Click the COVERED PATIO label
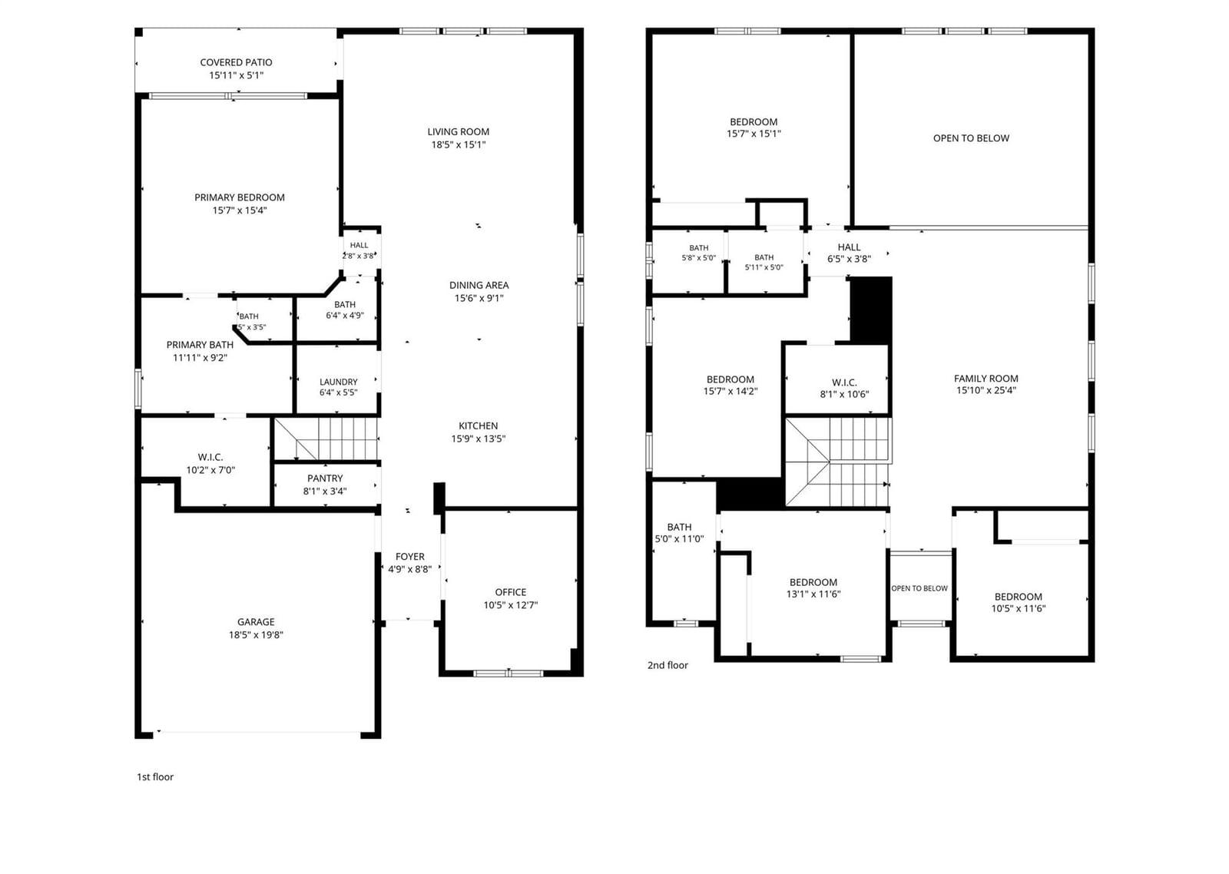point(236,62)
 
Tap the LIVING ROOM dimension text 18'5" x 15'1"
point(458,145)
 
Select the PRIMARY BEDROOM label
point(240,197)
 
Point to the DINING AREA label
point(479,285)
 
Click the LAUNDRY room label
point(339,382)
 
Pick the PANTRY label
point(325,478)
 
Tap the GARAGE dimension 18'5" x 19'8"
point(256,635)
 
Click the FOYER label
point(410,556)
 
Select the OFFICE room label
point(511,593)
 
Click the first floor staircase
point(326,439)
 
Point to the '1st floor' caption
point(155,777)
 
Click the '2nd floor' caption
point(668,666)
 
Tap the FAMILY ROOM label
point(986,379)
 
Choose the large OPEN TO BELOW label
point(971,138)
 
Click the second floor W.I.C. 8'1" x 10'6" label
point(844,389)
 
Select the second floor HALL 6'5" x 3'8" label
point(850,253)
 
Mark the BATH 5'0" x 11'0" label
point(679,533)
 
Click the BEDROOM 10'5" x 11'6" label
point(1019,602)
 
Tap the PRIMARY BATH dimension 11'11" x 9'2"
point(200,358)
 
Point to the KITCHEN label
point(479,425)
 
